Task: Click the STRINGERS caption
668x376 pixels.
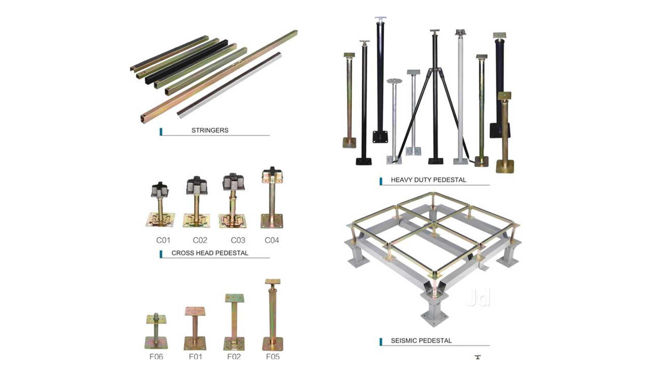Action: click(210, 130)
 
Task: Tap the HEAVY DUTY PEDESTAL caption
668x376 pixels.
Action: click(428, 180)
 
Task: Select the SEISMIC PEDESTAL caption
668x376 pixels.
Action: click(421, 340)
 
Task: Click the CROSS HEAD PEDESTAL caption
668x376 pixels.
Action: click(210, 253)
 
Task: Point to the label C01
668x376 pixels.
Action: click(163, 240)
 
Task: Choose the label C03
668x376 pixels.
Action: click(238, 240)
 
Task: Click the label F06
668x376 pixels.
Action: click(156, 356)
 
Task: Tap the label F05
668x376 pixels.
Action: click(273, 356)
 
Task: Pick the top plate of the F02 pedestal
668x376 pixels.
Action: click(234, 298)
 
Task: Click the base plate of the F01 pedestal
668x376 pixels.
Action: click(195, 344)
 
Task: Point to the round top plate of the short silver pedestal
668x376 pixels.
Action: click(394, 81)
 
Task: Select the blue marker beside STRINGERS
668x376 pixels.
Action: click(161, 132)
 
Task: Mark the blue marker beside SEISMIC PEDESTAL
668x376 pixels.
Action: click(381, 342)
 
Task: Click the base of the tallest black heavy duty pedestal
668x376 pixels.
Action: click(380, 136)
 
